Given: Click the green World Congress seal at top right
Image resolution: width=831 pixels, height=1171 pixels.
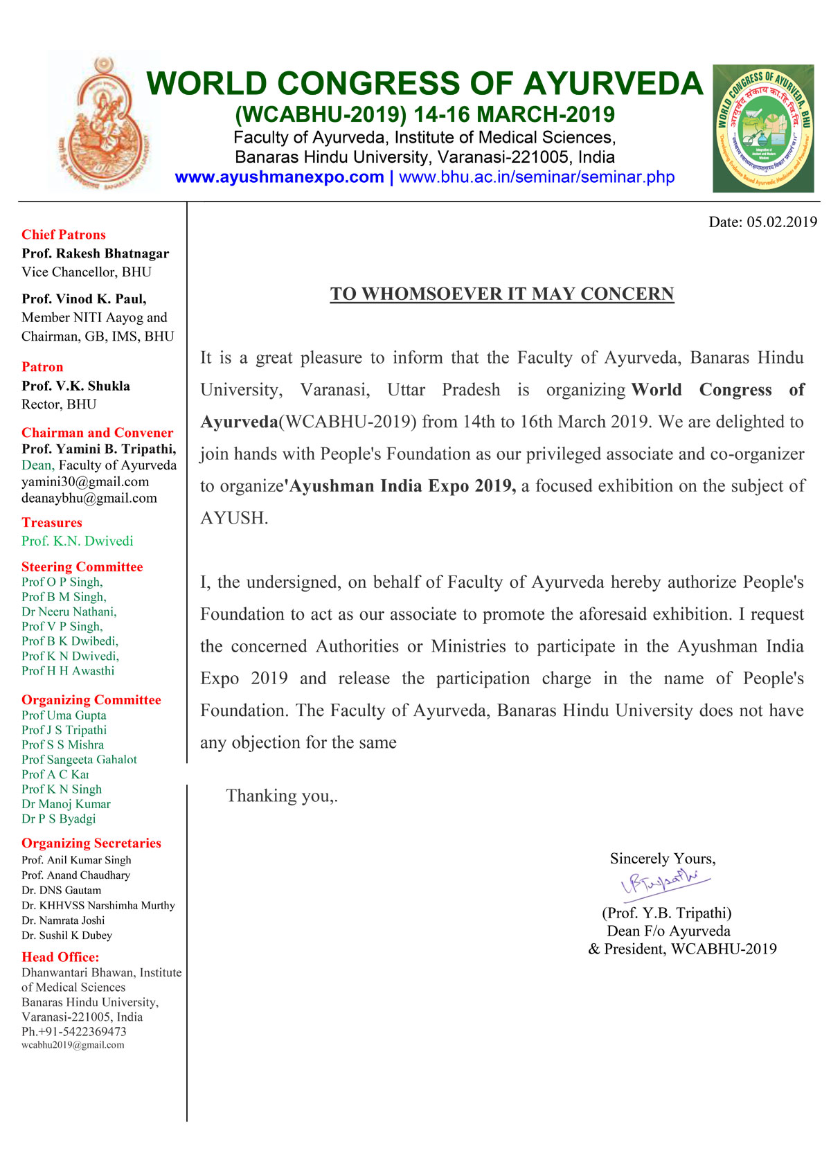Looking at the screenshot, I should [x=763, y=129].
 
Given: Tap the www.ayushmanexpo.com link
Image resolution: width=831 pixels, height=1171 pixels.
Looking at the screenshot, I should [x=279, y=177].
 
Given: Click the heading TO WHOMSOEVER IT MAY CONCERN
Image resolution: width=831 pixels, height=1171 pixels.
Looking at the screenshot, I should [x=502, y=294].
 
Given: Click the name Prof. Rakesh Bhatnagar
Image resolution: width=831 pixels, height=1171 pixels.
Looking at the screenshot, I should [x=96, y=253].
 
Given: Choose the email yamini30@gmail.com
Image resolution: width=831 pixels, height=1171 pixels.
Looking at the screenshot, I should [x=85, y=482].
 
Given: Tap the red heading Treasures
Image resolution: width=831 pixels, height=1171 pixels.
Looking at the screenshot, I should [x=52, y=523].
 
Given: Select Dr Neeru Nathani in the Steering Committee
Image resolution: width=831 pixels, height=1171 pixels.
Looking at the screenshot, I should [x=69, y=612].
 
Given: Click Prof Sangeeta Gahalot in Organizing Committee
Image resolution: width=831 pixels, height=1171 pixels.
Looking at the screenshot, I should [x=79, y=760].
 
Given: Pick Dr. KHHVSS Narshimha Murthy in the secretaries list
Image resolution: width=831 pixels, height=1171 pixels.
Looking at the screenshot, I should [x=98, y=906].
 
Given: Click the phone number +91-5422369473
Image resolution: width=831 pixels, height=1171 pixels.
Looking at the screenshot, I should [x=74, y=1032].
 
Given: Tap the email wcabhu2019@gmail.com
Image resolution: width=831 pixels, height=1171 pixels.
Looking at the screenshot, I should [x=73, y=1045].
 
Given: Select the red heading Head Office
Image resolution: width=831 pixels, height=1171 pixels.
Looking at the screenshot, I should [x=60, y=957].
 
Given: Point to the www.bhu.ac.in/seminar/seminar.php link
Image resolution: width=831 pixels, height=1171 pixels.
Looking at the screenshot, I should [x=537, y=177].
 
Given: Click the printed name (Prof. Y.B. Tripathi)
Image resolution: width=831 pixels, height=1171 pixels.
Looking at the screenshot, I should [x=667, y=913].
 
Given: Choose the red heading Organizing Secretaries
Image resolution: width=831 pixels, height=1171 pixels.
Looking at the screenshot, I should [x=91, y=843].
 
